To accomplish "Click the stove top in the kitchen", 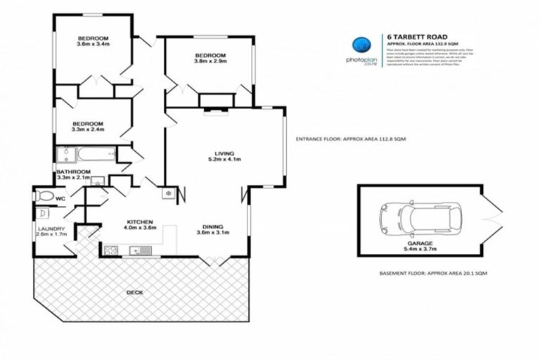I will click(x=110, y=249).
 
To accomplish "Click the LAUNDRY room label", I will click(x=51, y=229).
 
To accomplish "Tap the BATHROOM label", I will click(x=74, y=172).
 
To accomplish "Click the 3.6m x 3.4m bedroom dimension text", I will click(x=94, y=44).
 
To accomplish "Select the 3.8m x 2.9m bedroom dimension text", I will click(x=210, y=62).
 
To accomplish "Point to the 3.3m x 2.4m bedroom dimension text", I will click(x=88, y=129).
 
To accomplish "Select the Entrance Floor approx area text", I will click(x=351, y=139).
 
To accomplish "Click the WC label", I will click(x=62, y=199).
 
